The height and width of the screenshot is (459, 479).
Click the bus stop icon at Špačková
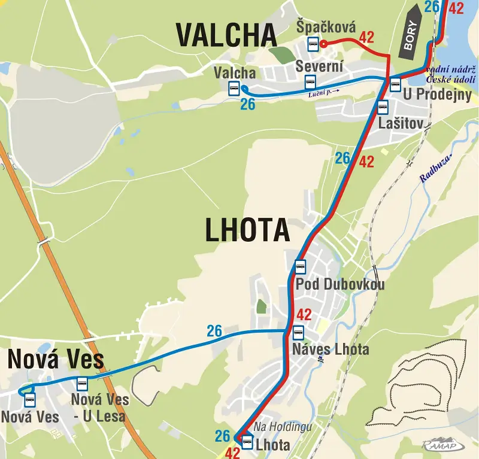tap(312, 43)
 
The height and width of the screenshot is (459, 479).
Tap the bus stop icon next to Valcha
tap(234, 88)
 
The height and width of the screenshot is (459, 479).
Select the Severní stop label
tap(319, 67)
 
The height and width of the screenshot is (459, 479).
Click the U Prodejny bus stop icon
tap(395, 84)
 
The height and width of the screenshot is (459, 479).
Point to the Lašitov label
tap(401, 124)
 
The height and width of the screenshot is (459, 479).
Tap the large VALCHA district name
tap(226, 35)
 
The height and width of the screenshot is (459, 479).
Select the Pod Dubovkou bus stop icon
tap(300, 267)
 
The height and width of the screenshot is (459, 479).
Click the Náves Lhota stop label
tap(331, 349)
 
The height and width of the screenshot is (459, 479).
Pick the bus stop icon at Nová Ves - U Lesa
tap(82, 384)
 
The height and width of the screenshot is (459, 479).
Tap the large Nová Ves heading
tap(56, 360)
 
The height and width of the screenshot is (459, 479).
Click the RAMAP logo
tap(442, 444)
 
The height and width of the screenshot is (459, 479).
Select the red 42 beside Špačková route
tap(366, 37)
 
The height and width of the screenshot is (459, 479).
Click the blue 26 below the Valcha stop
tap(247, 105)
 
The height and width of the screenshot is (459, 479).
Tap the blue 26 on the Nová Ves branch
tap(214, 331)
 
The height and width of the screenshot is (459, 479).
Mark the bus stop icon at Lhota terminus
tap(247, 442)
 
